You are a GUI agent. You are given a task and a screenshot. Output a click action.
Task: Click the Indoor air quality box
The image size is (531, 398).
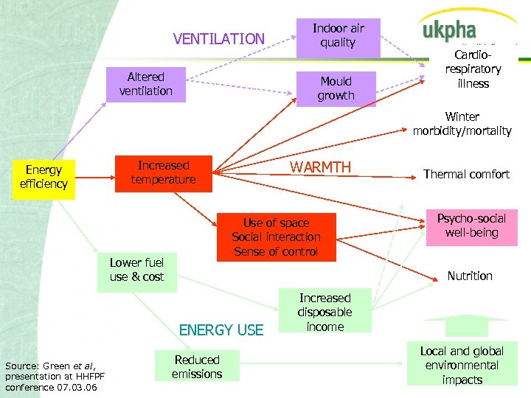click(x=338, y=36)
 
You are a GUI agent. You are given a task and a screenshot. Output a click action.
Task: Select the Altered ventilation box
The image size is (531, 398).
click(x=145, y=84)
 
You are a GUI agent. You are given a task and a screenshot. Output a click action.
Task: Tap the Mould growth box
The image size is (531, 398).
click(x=336, y=88)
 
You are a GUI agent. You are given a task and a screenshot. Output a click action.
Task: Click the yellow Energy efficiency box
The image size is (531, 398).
click(x=44, y=178)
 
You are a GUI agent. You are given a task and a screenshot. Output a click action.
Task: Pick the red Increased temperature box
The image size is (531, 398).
click(x=163, y=172)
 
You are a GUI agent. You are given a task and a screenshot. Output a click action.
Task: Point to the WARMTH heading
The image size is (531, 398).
click(x=321, y=167)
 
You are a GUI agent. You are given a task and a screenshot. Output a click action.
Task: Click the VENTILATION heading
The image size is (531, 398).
click(x=218, y=39)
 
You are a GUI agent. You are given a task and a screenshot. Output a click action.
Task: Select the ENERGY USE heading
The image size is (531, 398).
click(x=221, y=329)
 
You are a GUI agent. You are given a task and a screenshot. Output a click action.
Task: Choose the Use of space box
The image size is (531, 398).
click(x=276, y=237)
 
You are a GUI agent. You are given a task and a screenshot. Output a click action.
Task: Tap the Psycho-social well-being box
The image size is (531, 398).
click(x=471, y=226)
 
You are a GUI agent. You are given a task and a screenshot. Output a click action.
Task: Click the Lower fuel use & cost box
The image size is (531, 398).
click(x=136, y=270)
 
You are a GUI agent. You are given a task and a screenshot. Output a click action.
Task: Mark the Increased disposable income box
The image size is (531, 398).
click(x=324, y=312)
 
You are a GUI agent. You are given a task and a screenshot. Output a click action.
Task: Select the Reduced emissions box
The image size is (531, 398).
click(x=197, y=367)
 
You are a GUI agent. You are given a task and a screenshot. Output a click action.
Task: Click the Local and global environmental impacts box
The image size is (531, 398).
click(x=462, y=365)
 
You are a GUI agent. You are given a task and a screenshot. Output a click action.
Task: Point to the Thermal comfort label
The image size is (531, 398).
click(x=466, y=175)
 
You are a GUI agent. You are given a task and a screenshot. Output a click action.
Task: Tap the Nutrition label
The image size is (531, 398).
click(x=470, y=276)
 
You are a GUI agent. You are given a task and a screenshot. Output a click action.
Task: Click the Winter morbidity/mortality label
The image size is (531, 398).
click(x=462, y=124)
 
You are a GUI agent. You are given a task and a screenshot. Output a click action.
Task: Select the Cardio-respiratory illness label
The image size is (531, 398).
click(x=473, y=69)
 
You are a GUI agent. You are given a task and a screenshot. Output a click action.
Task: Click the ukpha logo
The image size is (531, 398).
click(x=449, y=32)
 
